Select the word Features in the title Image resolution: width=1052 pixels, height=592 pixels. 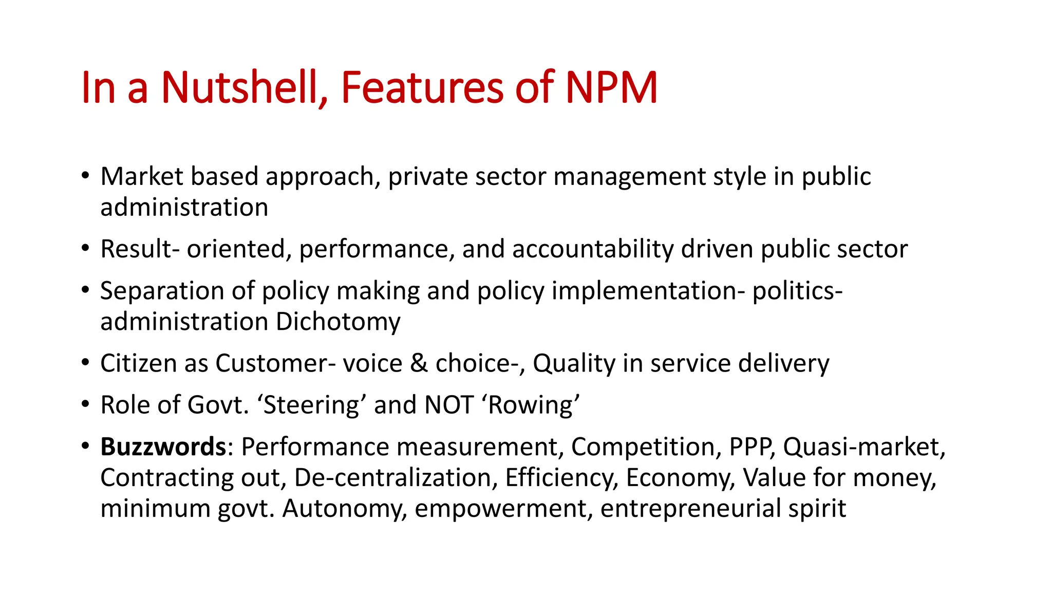pyautogui.click(x=422, y=87)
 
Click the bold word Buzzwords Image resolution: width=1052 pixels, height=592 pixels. pyautogui.click(x=163, y=447)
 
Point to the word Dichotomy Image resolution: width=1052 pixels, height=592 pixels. pyautogui.click(x=338, y=322)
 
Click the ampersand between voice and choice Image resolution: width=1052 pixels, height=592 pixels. pyautogui.click(x=419, y=363)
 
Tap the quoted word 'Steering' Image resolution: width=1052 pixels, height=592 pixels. pyautogui.click(x=311, y=405)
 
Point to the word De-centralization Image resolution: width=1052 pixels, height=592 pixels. pyautogui.click(x=396, y=477)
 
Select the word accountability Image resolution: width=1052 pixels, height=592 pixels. pyautogui.click(x=592, y=249)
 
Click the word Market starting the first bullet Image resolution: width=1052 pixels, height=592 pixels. pyautogui.click(x=142, y=176)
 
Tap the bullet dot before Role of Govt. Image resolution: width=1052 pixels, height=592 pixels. pyautogui.click(x=85, y=404)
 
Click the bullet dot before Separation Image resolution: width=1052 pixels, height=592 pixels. pyautogui.click(x=85, y=290)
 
